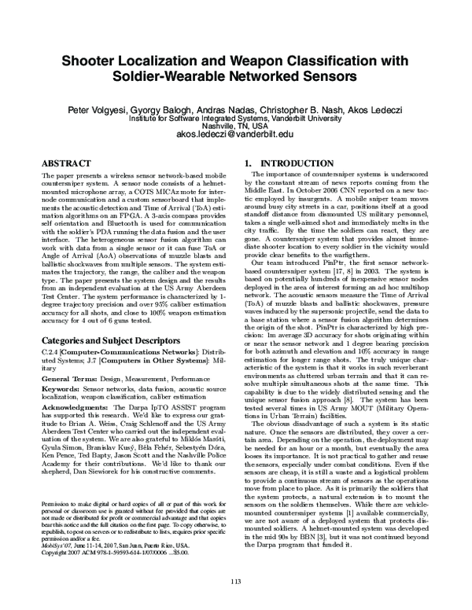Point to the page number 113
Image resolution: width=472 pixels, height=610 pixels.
[235, 580]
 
